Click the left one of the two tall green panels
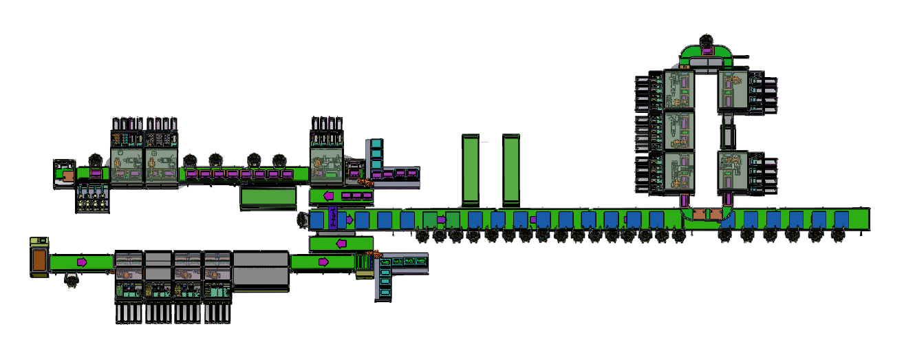[471, 170]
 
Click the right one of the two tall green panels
[511, 170]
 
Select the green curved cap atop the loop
[707, 54]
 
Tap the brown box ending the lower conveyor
[39, 260]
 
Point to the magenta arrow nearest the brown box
[82, 262]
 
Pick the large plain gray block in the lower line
[260, 269]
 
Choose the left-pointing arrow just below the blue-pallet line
[341, 243]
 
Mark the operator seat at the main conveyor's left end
[302, 220]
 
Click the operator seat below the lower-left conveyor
[69, 280]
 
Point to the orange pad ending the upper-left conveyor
[67, 176]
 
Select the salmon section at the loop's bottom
[702, 214]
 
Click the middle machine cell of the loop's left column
[678, 130]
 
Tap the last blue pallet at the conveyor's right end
[841, 220]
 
